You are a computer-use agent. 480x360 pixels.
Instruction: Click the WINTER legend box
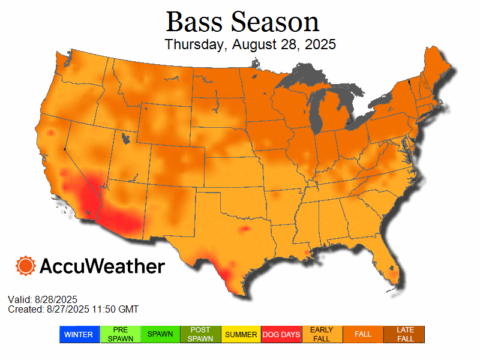(79, 334)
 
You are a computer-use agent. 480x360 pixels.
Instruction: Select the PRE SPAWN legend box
(120, 334)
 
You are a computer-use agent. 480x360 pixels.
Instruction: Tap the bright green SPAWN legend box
(160, 334)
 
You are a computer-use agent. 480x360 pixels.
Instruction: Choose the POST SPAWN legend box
(201, 334)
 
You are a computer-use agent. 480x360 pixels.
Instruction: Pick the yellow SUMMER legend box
(241, 334)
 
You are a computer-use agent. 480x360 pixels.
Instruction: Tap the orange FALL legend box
(363, 334)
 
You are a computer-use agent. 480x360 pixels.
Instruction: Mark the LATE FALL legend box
(404, 334)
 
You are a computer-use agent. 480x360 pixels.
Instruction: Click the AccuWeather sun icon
(26, 266)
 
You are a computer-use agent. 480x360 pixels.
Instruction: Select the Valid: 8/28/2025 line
(43, 299)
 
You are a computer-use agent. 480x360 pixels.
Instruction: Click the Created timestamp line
(73, 309)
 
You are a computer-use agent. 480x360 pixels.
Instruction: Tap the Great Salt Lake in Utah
(125, 139)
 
